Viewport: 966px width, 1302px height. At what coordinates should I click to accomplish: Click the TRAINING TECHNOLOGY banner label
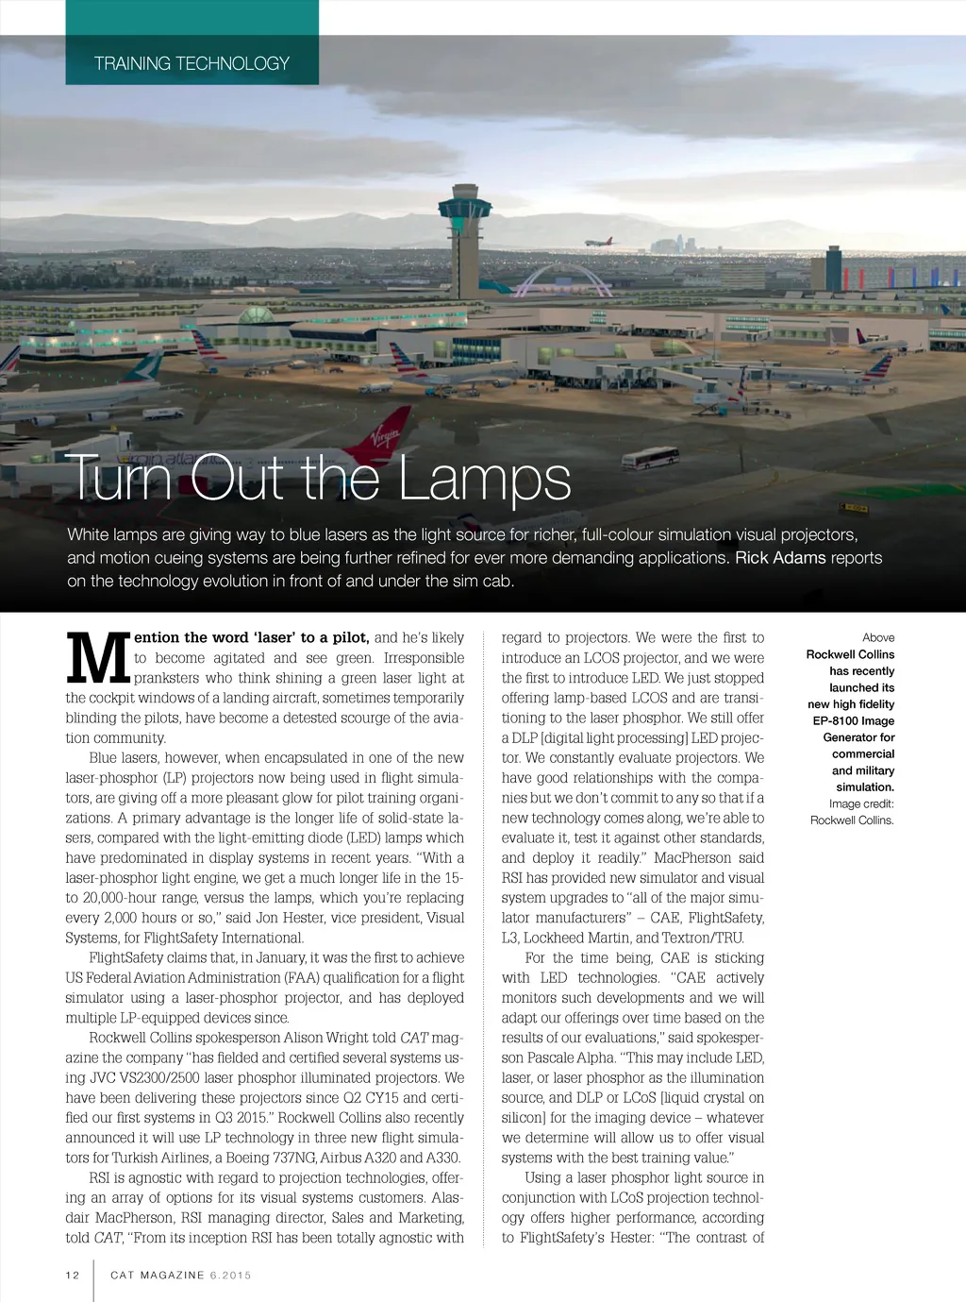pyautogui.click(x=192, y=63)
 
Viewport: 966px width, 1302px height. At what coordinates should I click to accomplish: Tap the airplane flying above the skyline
pyautogui.click(x=599, y=242)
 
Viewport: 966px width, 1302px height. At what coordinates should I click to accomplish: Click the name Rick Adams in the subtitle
pyautogui.click(x=780, y=558)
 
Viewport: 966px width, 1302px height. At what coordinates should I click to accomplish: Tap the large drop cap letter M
pyautogui.click(x=97, y=659)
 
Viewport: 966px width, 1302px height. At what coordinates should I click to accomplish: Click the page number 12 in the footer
pyautogui.click(x=73, y=1275)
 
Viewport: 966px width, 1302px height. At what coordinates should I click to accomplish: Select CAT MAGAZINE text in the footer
pyautogui.click(x=158, y=1275)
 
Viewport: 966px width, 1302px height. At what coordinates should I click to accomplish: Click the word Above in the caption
pyautogui.click(x=877, y=638)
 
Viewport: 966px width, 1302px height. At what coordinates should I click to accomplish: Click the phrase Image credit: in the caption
pyautogui.click(x=861, y=803)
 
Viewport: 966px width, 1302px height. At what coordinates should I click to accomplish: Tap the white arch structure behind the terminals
pyautogui.click(x=549, y=280)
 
